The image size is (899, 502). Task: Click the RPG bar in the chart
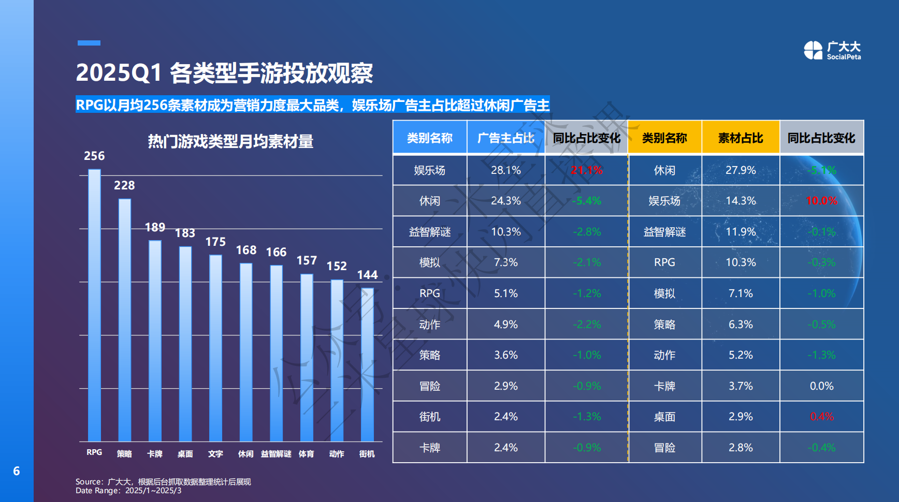coord(94,305)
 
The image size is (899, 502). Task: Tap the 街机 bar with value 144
coord(367,364)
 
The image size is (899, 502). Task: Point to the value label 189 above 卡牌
coord(155,227)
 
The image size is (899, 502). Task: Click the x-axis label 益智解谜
coord(276,454)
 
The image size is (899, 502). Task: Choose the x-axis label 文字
coord(215,454)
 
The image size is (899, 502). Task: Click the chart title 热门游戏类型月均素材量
coord(230,141)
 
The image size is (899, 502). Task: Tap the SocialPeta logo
coord(832,51)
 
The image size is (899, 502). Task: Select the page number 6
coord(17,471)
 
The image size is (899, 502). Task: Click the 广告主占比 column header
coord(505,138)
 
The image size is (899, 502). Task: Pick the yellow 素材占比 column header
coord(741,138)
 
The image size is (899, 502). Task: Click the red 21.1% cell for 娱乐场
coord(586,170)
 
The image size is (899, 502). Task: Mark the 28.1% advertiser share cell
coord(505,170)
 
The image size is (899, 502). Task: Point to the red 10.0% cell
coord(821,201)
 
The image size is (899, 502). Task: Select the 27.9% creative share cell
coord(741,170)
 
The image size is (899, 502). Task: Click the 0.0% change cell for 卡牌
coord(821,386)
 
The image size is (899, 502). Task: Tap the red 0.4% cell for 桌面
coord(821,417)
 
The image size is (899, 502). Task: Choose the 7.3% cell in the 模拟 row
coord(505,262)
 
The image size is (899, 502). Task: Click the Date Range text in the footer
coord(128,491)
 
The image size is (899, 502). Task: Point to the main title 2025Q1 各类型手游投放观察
coord(224,73)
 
